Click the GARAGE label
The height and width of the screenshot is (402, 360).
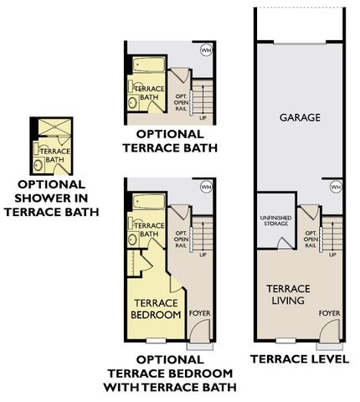(x=300, y=117)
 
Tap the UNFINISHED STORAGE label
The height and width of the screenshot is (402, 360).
(x=275, y=220)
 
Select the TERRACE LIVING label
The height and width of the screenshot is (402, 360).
(x=288, y=295)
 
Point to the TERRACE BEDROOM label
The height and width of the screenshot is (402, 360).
(x=156, y=309)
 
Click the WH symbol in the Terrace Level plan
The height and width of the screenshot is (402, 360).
(x=336, y=187)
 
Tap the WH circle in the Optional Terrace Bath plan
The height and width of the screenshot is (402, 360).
(x=206, y=50)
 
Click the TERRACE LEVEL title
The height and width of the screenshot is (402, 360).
(x=300, y=359)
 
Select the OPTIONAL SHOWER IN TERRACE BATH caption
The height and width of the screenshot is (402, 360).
(x=52, y=198)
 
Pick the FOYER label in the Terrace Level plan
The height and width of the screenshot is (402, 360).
(x=330, y=313)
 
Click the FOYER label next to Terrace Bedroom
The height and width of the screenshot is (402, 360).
(x=200, y=313)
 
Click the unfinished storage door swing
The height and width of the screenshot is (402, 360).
(x=284, y=242)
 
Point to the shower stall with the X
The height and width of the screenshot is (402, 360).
(x=54, y=127)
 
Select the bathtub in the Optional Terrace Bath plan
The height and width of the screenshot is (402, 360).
(x=148, y=64)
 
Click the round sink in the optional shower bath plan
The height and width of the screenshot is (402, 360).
(x=38, y=165)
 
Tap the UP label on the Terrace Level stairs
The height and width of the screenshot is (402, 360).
(x=332, y=255)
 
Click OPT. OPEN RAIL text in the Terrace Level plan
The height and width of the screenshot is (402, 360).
(x=311, y=240)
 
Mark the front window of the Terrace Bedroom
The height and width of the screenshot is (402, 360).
(x=156, y=341)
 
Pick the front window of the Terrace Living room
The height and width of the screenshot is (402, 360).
(x=285, y=341)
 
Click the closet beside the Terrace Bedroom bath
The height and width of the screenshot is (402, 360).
(x=134, y=263)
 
